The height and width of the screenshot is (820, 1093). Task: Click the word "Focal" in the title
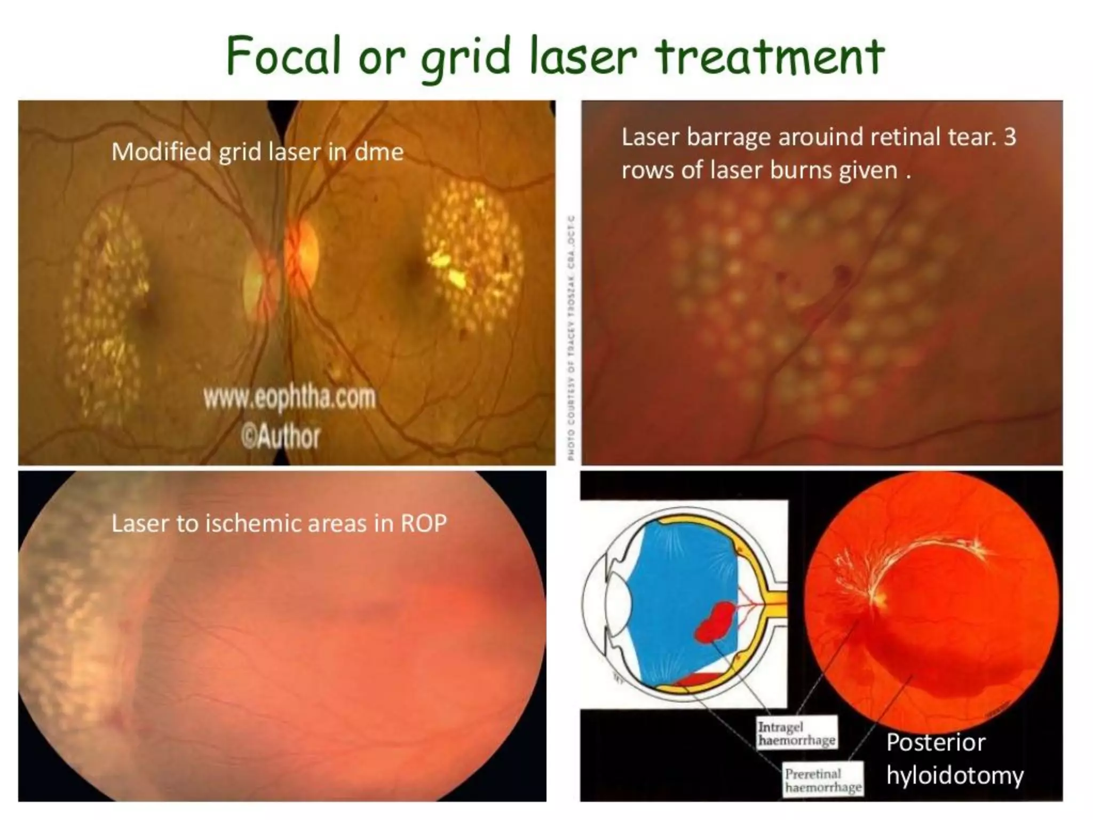[283, 56]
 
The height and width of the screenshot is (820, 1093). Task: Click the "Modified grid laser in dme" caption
[257, 152]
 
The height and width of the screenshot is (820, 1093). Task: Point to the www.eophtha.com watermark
[289, 398]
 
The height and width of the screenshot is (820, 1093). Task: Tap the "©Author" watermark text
[281, 437]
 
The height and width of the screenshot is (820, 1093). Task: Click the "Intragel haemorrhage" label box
[796, 733]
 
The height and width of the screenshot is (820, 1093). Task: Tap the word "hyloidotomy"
[955, 775]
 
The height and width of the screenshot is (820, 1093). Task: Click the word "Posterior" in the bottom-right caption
[936, 743]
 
